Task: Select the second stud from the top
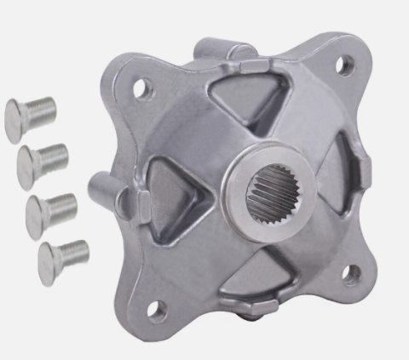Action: (x=41, y=158)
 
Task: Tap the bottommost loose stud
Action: (x=62, y=254)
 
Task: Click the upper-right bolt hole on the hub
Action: (x=343, y=63)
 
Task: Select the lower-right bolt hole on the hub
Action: (x=350, y=272)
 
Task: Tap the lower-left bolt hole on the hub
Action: (x=155, y=310)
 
